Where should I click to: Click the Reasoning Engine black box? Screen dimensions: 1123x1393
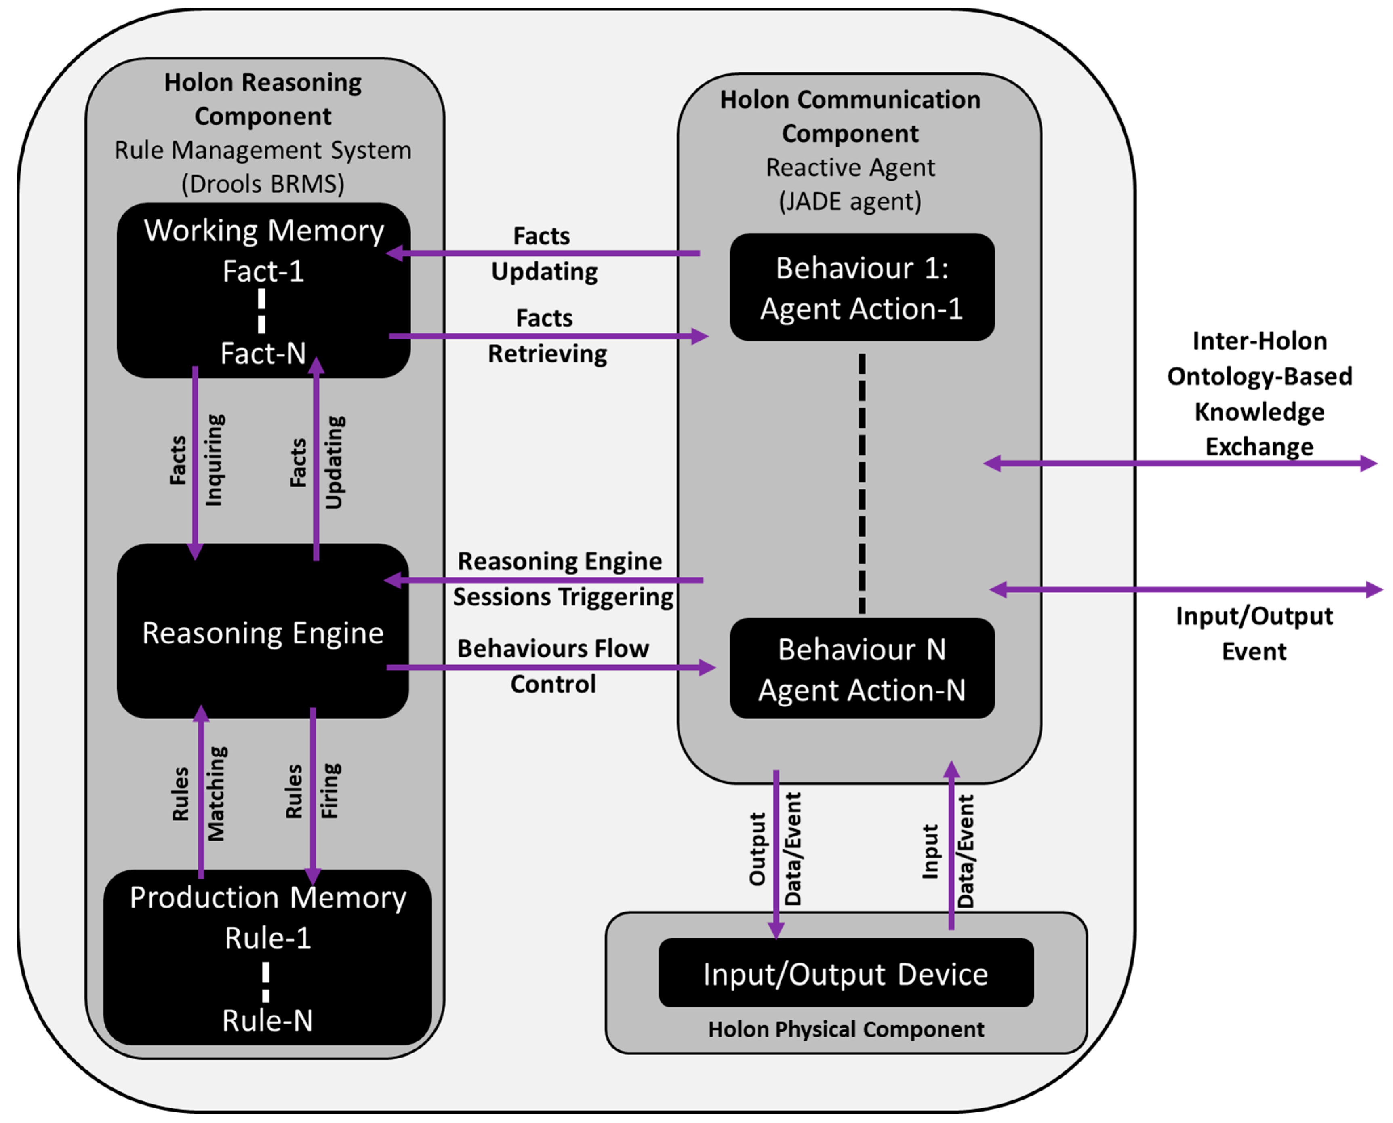pyautogui.click(x=263, y=632)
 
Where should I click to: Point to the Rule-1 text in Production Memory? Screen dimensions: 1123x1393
pyautogui.click(x=268, y=938)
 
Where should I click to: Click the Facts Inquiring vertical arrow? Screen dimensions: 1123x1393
pyautogui.click(x=195, y=463)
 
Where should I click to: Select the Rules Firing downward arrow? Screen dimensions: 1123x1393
pyautogui.click(x=313, y=796)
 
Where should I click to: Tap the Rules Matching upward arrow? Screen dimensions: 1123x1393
pyautogui.click(x=201, y=792)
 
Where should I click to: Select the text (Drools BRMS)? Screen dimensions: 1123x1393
pyautogui.click(x=263, y=184)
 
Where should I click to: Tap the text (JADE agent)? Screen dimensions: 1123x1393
pyautogui.click(x=850, y=202)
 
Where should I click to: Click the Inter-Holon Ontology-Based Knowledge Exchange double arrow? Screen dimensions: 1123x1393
pyautogui.click(x=1180, y=463)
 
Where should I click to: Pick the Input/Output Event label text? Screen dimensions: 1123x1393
pyautogui.click(x=1254, y=633)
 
